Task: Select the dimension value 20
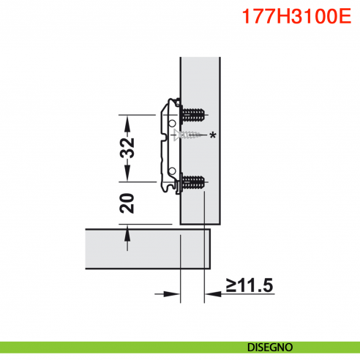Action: pyautogui.click(x=128, y=203)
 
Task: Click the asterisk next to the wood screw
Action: pyautogui.click(x=213, y=135)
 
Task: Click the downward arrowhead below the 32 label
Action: pyautogui.click(x=128, y=175)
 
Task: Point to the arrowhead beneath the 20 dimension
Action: pyautogui.click(x=128, y=233)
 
